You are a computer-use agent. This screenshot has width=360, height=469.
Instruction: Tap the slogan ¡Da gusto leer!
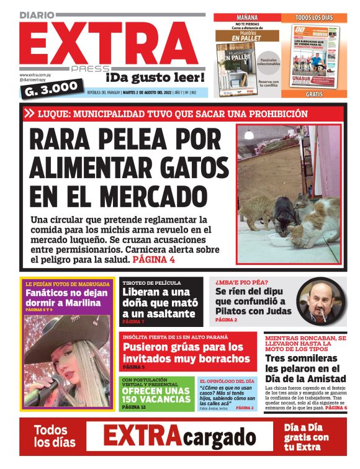pos(155,78)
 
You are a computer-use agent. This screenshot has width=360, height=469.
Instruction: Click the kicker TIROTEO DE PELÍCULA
pos(151,283)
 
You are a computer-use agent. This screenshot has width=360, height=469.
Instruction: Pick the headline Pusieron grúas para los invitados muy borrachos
pos(186,353)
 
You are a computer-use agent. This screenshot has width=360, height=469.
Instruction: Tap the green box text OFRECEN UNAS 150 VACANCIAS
pos(156,395)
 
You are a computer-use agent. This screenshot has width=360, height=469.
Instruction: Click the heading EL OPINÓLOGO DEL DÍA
pos(227,380)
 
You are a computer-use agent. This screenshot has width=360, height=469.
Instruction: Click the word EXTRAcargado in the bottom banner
pos(179,437)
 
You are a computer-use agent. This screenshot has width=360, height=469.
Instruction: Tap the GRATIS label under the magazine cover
pos(313,95)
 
